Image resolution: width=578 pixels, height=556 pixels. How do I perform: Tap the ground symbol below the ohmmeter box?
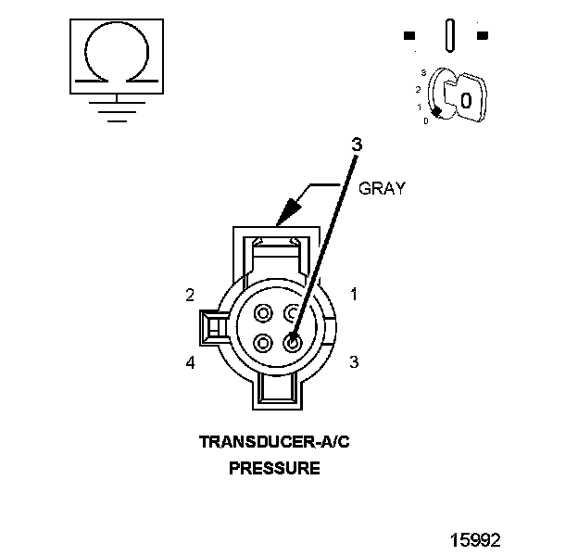[114, 110]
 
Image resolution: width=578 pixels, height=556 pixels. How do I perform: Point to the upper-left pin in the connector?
[264, 312]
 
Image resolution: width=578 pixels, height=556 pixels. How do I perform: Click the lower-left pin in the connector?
[264, 343]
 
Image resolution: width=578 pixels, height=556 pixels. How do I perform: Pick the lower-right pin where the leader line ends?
[294, 343]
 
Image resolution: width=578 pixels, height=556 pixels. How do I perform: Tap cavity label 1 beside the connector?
[353, 295]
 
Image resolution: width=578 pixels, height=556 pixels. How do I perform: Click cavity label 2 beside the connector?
[190, 295]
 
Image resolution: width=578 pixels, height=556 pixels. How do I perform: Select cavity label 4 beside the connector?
[190, 362]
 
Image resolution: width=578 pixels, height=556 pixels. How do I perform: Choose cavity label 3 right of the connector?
[353, 362]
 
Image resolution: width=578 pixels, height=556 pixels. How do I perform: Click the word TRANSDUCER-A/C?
[274, 442]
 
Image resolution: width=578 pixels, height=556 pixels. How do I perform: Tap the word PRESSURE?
[274, 468]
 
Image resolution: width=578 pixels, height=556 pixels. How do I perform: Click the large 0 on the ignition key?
[465, 99]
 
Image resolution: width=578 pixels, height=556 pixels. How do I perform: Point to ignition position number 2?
[419, 89]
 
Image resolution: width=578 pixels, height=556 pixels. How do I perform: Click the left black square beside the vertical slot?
[409, 36]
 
